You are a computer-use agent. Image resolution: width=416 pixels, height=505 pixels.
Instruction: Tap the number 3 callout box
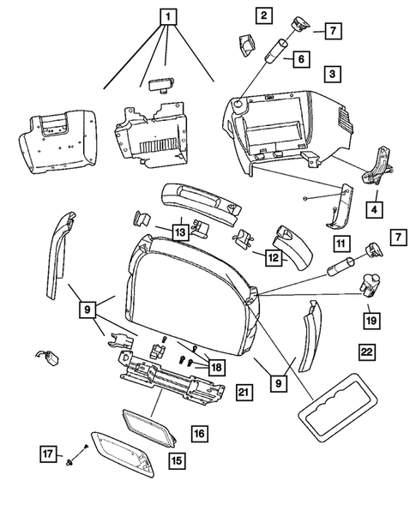coord(330,75)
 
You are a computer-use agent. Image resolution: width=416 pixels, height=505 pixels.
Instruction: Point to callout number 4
coord(373,208)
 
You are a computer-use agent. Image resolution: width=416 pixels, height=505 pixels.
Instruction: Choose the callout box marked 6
coord(301,59)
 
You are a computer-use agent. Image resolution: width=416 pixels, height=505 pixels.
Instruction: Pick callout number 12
coord(273,256)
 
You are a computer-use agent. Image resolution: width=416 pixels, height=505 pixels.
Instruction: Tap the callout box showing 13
coord(179,231)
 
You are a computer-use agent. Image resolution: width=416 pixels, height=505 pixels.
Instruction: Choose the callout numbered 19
coord(370,319)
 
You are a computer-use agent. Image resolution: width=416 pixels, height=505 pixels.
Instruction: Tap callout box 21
coord(243,393)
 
